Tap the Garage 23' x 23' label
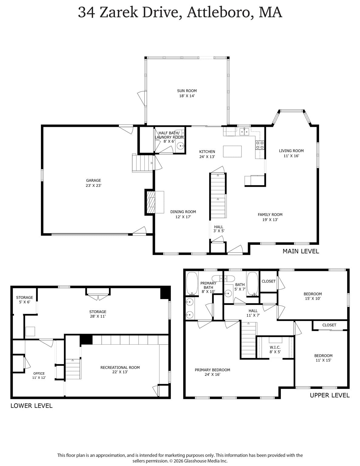93,183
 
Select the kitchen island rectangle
232,151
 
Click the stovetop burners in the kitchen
260,145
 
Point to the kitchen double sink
244,131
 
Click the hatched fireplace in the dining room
151,202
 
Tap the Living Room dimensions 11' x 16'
291,156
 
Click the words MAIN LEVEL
301,251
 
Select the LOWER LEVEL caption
32,406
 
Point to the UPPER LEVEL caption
330,395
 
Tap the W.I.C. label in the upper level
275,347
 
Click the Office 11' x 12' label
39,376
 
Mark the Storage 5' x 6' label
25,299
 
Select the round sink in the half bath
181,146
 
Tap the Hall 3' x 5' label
219,229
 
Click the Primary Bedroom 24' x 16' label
212,372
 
